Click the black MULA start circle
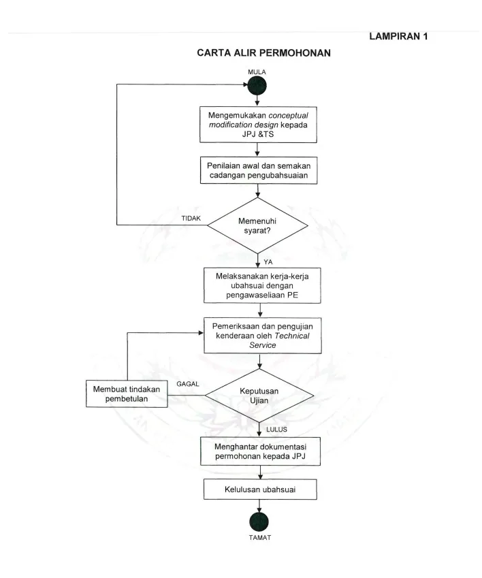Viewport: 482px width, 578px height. pyautogui.click(x=257, y=86)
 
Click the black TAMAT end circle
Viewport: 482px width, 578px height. pyautogui.click(x=259, y=521)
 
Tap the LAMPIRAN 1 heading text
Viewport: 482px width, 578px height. pyautogui.click(x=398, y=36)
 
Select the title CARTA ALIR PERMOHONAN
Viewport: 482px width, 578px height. pyautogui.click(x=263, y=52)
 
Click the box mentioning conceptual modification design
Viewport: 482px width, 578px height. pyautogui.click(x=258, y=125)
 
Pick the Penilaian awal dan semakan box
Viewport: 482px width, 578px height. pyautogui.click(x=259, y=170)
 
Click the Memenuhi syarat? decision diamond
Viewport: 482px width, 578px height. pyautogui.click(x=257, y=225)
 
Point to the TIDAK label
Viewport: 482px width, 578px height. pyautogui.click(x=191, y=219)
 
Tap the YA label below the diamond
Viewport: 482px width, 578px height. pyautogui.click(x=268, y=261)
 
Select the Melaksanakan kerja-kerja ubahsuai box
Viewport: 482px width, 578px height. pyautogui.click(x=262, y=285)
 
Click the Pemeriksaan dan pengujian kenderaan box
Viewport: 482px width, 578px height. pyautogui.click(x=262, y=336)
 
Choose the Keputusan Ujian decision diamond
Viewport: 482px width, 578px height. pyautogui.click(x=259, y=396)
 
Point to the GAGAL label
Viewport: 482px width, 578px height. pyautogui.click(x=188, y=384)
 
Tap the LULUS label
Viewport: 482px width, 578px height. pyautogui.click(x=276, y=429)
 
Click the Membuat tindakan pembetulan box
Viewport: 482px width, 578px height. pyautogui.click(x=127, y=394)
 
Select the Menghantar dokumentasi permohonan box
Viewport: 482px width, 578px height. pyautogui.click(x=260, y=451)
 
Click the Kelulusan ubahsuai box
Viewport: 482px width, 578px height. pyautogui.click(x=260, y=489)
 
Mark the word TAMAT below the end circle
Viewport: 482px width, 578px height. pyautogui.click(x=260, y=537)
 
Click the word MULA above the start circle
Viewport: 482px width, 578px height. pyautogui.click(x=257, y=72)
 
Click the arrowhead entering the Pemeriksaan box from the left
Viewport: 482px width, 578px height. pyautogui.click(x=202, y=333)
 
